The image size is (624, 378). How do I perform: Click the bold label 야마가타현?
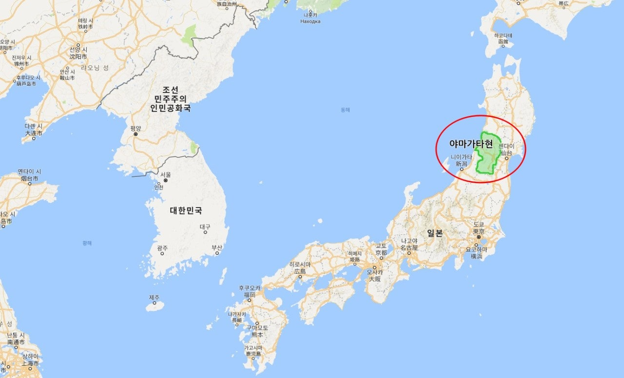pos(471,144)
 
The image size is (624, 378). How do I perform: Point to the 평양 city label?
pos(136,128)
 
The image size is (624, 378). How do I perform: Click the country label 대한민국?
pos(186,210)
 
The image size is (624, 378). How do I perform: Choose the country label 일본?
pos(435,233)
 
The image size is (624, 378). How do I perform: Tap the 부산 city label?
pos(216,247)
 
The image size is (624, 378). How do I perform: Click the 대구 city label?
pos(205,227)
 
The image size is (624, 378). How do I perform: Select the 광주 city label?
pos(162,248)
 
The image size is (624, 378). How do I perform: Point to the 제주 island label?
pos(154,297)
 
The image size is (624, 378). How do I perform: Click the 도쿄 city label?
pos(478,224)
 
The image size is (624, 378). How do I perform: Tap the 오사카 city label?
pos(374,272)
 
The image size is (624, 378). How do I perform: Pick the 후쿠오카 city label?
pos(250,288)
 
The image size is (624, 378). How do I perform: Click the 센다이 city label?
pos(506,146)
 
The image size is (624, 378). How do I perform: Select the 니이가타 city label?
pos(461,157)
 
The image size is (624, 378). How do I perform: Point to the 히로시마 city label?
pos(300,265)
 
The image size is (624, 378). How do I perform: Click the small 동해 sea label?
pos(345,110)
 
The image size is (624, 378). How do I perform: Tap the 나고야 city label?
pos(409,241)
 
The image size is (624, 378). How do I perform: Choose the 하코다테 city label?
pos(503,36)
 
